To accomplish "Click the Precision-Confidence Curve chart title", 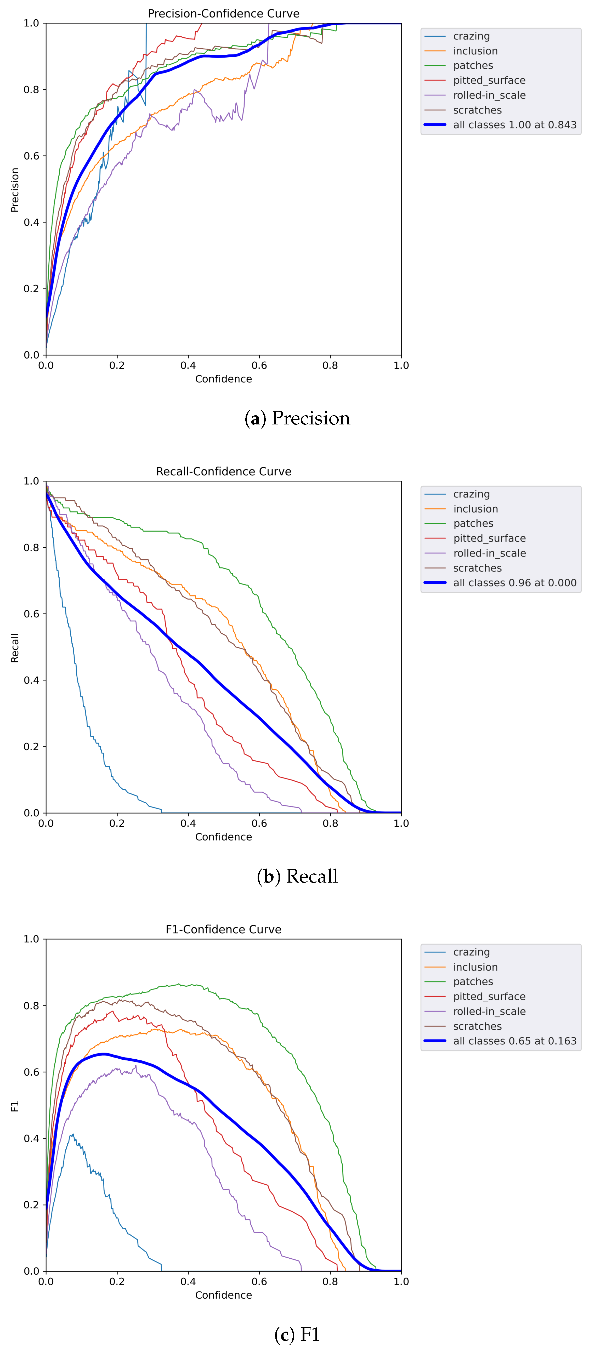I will pos(224,14).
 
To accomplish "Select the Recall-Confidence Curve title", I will pos(224,471).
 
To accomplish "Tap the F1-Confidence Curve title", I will pos(224,929).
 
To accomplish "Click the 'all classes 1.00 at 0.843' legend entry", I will pos(514,125).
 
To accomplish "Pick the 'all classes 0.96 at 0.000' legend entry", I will pos(514,583).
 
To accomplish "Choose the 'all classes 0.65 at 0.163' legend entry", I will pos(514,1041).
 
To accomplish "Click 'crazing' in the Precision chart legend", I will pos(471,36).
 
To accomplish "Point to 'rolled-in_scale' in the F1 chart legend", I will pos(489,1011).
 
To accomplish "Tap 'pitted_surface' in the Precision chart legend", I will pos(489,80).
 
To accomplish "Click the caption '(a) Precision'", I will pos(297,418).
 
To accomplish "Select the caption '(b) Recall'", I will pos(297,876).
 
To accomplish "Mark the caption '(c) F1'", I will pos(297,1334).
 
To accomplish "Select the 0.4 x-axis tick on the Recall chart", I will pos(188,823).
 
